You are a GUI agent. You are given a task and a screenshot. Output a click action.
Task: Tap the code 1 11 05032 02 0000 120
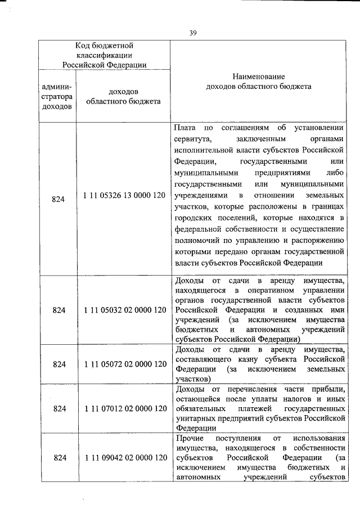point(124,310)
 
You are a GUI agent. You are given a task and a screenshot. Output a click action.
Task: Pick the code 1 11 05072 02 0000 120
point(124,364)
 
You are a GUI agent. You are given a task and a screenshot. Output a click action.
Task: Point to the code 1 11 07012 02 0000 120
point(124,408)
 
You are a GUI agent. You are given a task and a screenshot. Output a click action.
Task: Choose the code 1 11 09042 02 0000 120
point(124,458)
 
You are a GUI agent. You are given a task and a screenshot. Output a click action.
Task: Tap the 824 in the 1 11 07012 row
point(58,408)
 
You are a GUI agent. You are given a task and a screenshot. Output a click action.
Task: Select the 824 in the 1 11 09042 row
point(58,458)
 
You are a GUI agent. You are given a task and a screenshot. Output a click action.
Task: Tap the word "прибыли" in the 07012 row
point(328,389)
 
